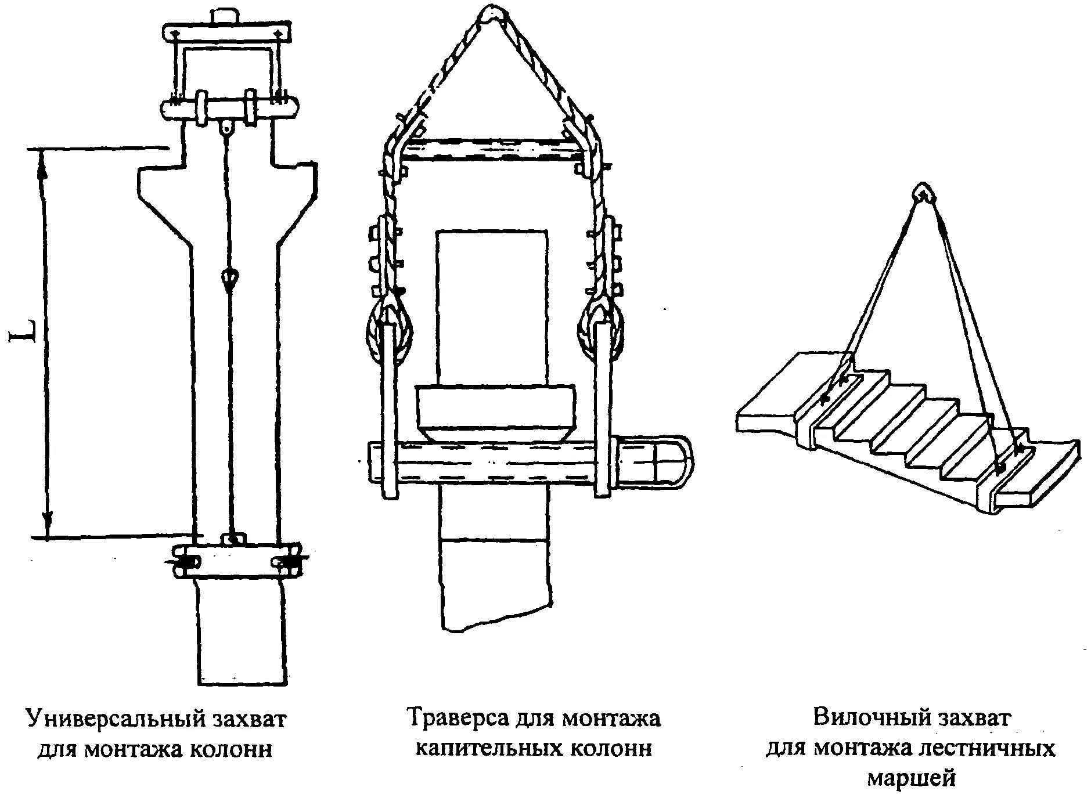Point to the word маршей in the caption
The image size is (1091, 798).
911,777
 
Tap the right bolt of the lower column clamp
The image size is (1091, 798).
287,562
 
